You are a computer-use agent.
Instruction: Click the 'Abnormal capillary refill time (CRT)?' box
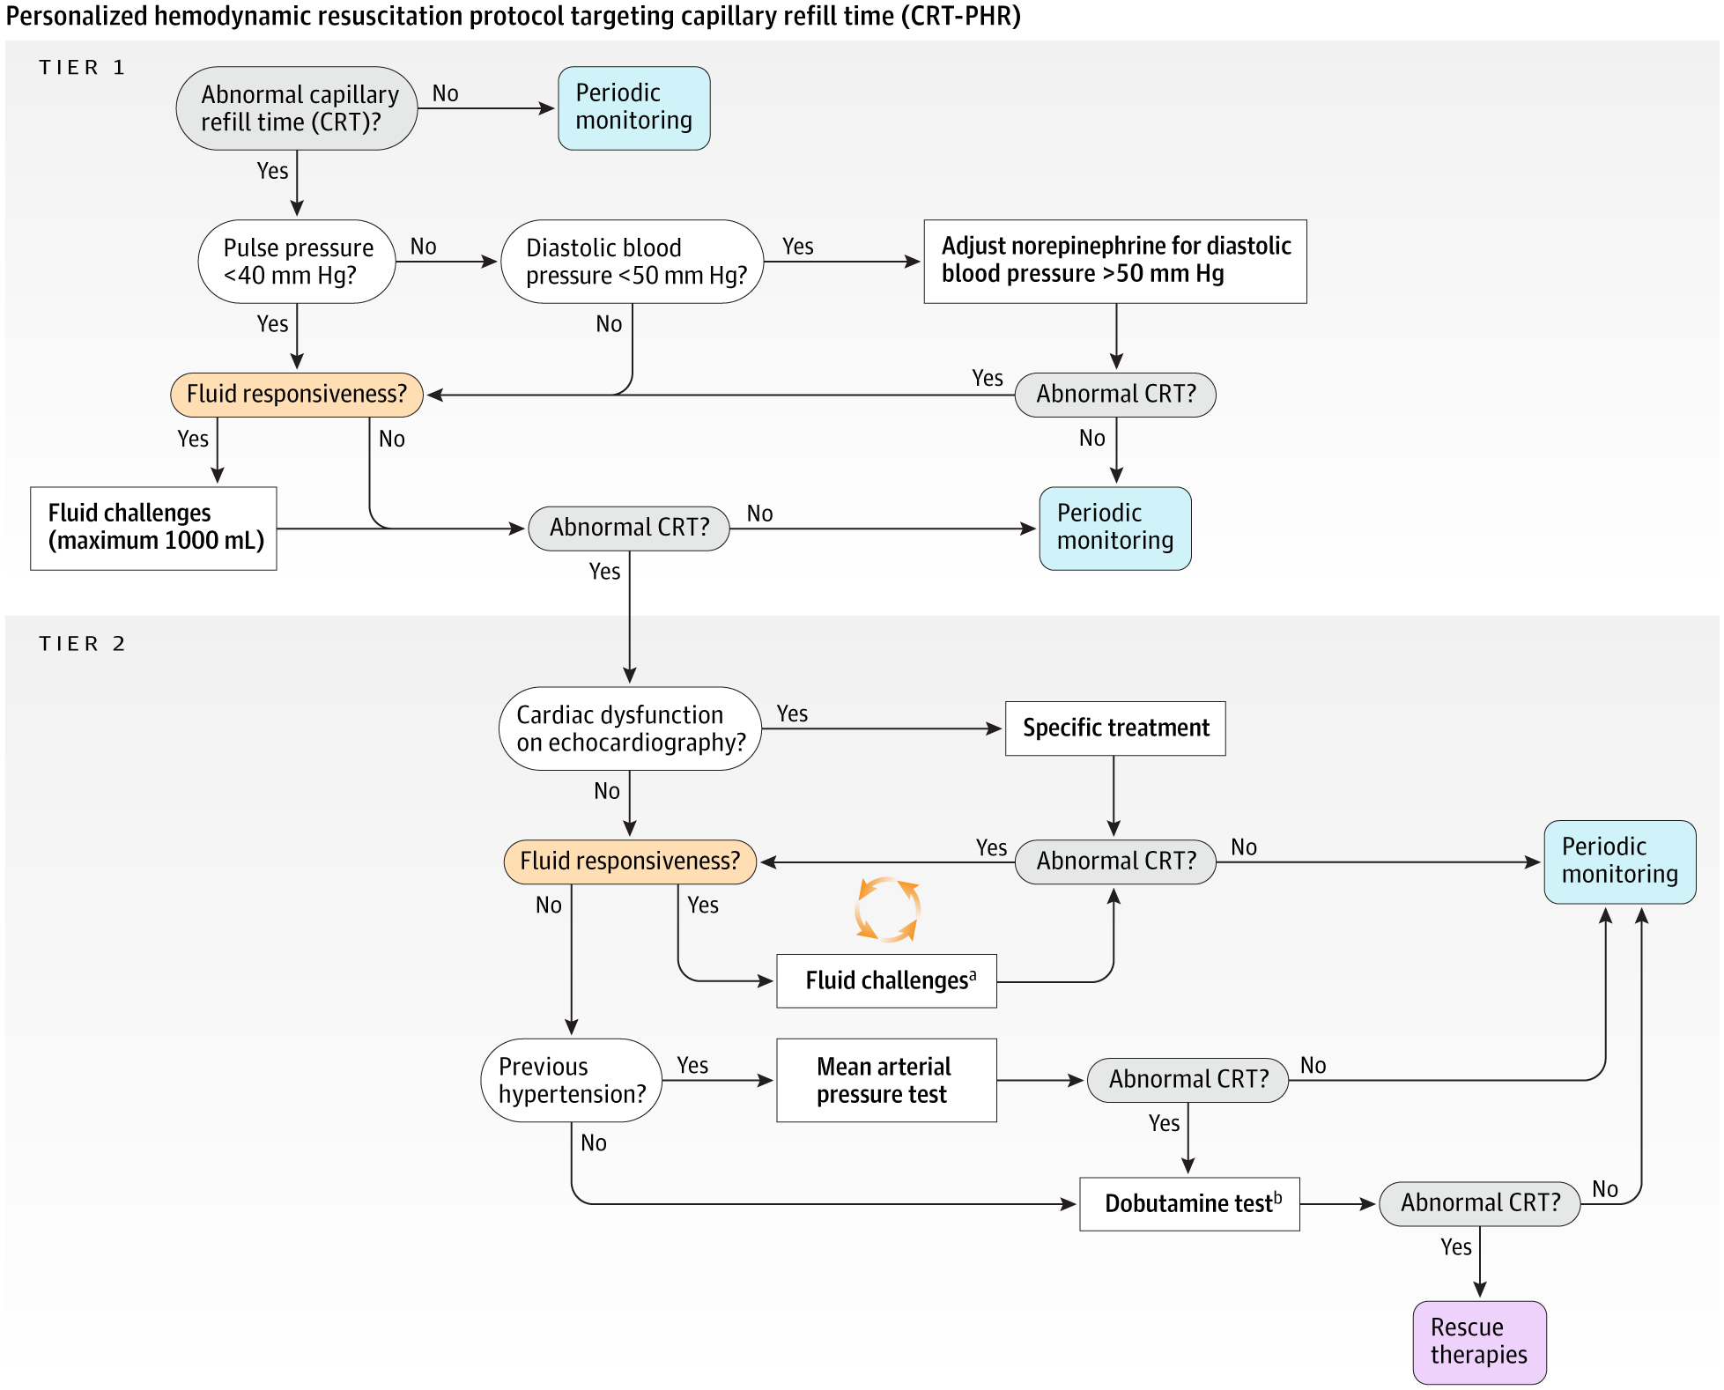coord(297,108)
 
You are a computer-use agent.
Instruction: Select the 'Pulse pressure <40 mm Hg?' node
coord(297,262)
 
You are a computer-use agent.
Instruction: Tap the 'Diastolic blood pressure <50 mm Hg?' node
coord(632,262)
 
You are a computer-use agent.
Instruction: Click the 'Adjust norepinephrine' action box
coord(1114,262)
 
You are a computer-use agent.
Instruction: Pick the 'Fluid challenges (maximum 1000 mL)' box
coord(153,529)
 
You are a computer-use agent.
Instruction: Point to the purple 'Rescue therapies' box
coord(1479,1342)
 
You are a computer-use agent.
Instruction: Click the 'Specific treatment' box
coord(1114,728)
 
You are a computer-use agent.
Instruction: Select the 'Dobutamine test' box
coord(1189,1204)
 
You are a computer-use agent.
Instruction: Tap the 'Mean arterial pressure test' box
coord(885,1080)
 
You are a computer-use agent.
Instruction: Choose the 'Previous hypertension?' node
coord(572,1080)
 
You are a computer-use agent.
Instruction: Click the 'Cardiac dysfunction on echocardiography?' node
coord(630,728)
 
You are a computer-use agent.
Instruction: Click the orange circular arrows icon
coord(887,909)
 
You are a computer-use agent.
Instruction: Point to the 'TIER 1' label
coord(82,68)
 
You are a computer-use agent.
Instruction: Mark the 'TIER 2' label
coord(82,644)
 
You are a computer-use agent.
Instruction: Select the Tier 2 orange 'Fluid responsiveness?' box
coord(630,861)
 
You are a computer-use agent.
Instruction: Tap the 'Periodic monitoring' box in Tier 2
coord(1619,861)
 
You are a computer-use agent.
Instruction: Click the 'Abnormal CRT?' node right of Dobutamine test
coord(1479,1204)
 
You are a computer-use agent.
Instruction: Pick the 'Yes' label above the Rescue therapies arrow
coord(1456,1247)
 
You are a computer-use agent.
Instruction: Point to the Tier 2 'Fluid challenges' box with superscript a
coord(886,980)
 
